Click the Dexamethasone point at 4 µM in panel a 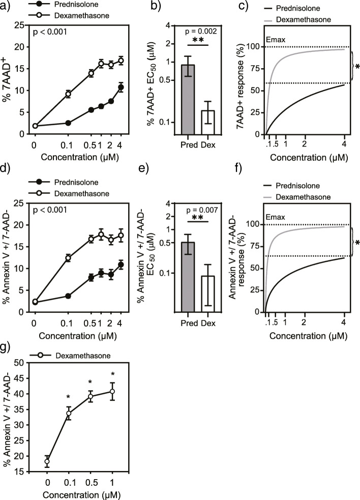tap(121, 61)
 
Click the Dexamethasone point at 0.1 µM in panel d tap(67, 258)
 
